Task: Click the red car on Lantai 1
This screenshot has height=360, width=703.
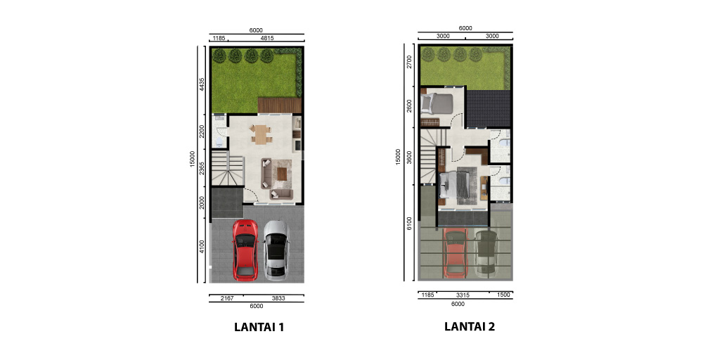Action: coord(245,248)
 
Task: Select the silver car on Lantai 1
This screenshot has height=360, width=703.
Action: coord(276,248)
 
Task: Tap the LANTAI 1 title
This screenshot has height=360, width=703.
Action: coord(258,327)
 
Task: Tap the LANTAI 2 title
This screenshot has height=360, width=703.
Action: coord(470,326)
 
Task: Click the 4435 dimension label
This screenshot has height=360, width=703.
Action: coord(202,84)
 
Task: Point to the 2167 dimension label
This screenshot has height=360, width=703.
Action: coord(227,298)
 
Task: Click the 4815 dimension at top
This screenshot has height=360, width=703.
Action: coord(267,38)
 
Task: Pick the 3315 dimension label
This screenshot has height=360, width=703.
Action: coord(463,295)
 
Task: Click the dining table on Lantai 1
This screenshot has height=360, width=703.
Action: coord(261,134)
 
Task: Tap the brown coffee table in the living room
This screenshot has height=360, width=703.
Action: coord(283,172)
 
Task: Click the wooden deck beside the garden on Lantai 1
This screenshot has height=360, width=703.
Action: coord(279,105)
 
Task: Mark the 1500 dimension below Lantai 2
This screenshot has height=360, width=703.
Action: coord(503,295)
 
